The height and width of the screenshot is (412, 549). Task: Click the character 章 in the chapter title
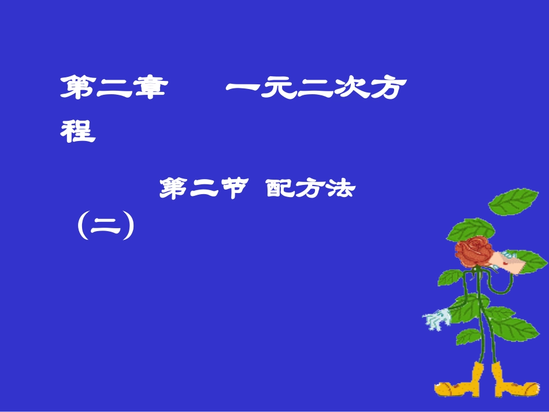pyautogui.click(x=148, y=90)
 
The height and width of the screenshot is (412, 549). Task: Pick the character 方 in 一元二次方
pyautogui.click(x=388, y=90)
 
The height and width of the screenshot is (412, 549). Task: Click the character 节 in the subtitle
pyautogui.click(x=234, y=189)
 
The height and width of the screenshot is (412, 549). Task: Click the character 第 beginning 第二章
pyautogui.click(x=79, y=90)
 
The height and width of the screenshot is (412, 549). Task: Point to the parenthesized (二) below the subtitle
pyautogui.click(x=105, y=226)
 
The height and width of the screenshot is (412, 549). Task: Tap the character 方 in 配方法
pyautogui.click(x=309, y=189)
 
